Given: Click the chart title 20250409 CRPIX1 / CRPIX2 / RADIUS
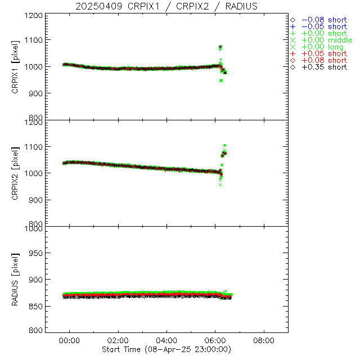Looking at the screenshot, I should click(166, 6).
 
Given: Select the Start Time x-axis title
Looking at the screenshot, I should click(166, 349).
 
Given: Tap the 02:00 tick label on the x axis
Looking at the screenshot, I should click(119, 340).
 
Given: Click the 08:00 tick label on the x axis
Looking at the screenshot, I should click(264, 340).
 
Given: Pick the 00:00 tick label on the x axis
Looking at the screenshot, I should click(70, 340).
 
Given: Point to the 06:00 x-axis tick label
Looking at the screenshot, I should click(215, 340).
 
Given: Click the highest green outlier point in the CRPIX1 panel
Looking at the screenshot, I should click(220, 47).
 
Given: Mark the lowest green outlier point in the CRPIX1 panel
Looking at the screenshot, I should click(221, 80).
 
